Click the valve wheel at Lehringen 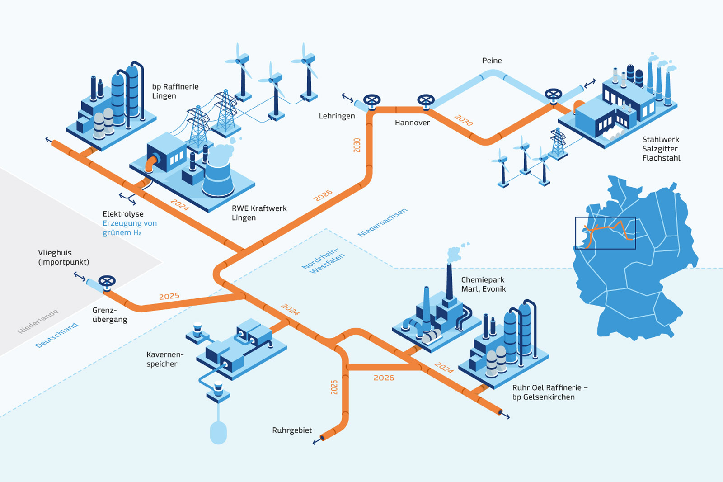coord(372,100)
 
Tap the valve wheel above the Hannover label coord(426,100)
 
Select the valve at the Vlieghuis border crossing coord(107,281)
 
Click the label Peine coord(492,61)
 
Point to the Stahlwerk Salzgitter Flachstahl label coord(661,149)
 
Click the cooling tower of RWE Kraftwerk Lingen coord(218,176)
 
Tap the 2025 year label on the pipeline coord(169,296)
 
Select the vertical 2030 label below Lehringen coord(357,145)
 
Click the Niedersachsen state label coord(382,222)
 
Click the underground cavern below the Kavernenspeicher coord(218,432)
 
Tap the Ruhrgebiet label coord(292,430)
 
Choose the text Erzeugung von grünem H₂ coord(129,228)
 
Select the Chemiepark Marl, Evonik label coord(483,284)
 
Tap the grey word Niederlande coord(38,321)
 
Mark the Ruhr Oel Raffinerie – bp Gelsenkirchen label coord(549,392)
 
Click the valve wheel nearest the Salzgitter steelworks coord(553,95)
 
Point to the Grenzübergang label coord(109,315)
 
